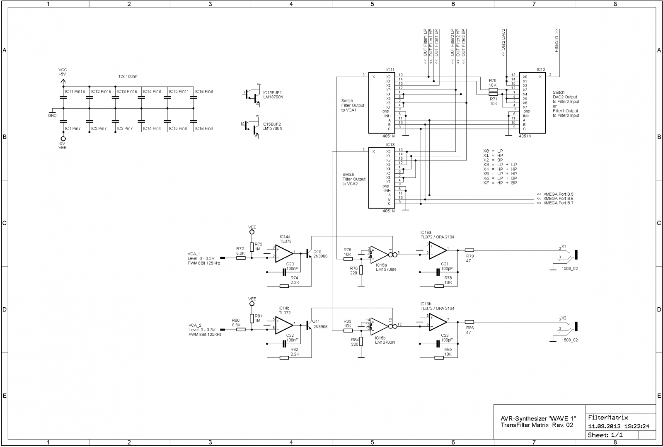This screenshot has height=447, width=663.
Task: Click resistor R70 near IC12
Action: coord(493,90)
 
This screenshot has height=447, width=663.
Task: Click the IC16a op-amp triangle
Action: coord(438,250)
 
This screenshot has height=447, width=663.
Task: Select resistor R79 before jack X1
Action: coord(469,250)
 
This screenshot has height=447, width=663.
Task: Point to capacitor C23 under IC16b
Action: coord(438,343)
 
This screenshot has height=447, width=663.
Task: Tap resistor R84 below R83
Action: coord(361,341)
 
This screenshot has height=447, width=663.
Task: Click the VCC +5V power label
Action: coord(63,72)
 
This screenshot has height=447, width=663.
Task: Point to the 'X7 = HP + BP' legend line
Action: coord(500,183)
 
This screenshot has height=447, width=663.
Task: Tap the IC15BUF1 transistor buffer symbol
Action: coord(251,95)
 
